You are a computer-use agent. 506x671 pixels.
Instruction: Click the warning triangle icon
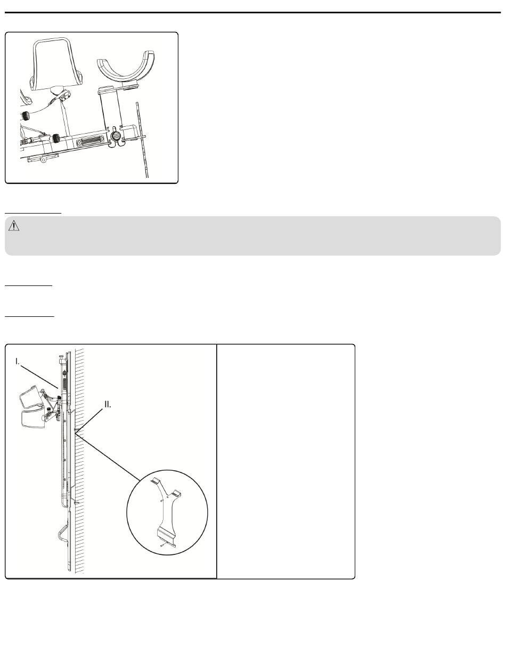click(x=14, y=226)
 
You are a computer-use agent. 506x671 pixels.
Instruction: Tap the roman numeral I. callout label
click(x=18, y=362)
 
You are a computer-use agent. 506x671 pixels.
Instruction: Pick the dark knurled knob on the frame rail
click(x=55, y=138)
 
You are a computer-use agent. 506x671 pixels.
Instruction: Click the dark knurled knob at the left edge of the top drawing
click(x=25, y=116)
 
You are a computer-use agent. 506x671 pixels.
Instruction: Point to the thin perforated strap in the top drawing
click(x=142, y=140)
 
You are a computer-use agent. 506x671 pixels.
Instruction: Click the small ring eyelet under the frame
click(x=44, y=160)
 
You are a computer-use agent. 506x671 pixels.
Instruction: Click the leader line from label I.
click(x=39, y=377)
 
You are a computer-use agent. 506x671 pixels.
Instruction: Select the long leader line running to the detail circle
click(x=108, y=457)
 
